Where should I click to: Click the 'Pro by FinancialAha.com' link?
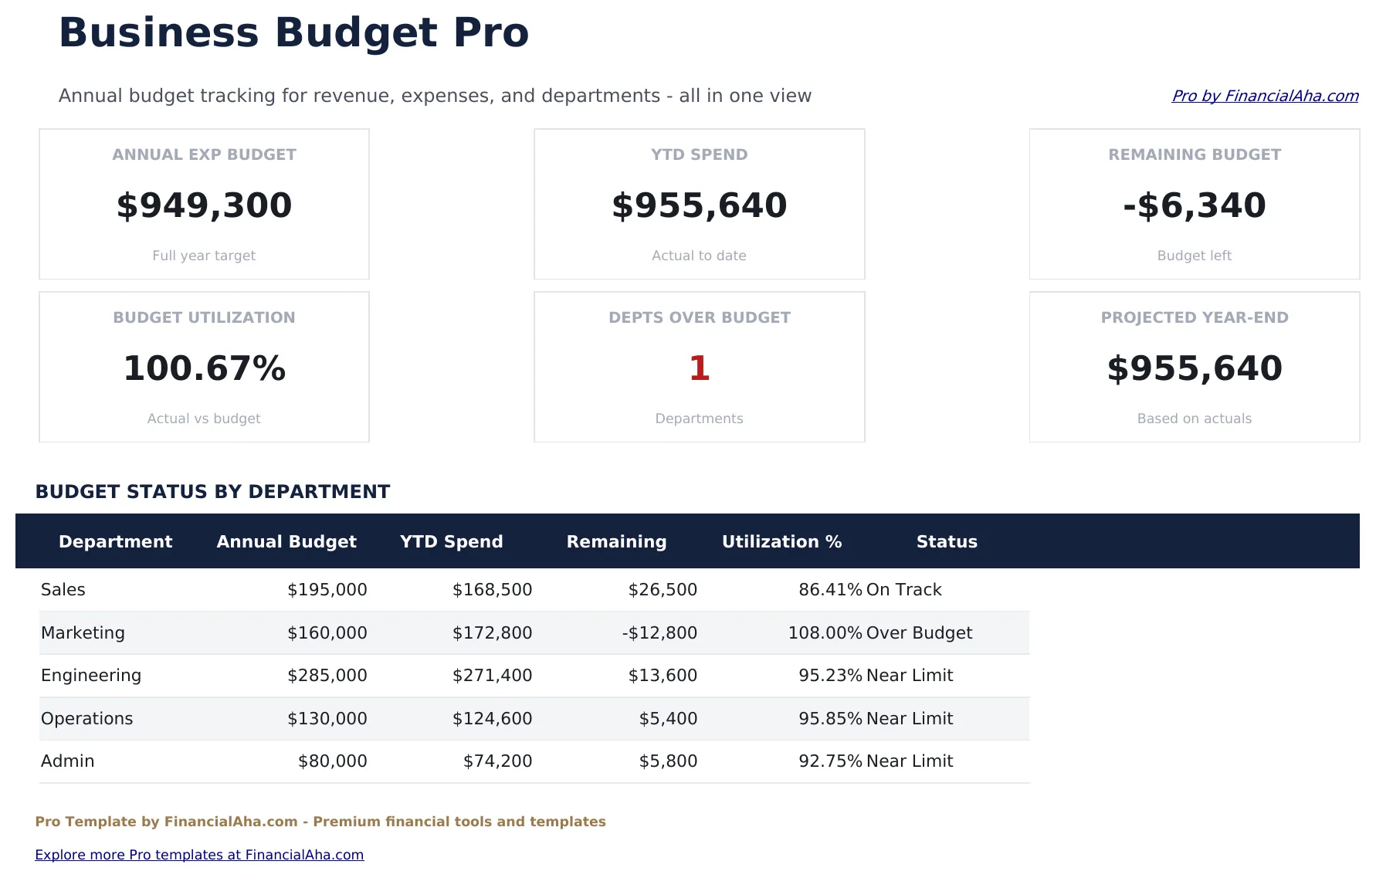tap(1265, 96)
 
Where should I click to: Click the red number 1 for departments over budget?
tap(699, 368)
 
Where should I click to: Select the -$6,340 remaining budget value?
tap(1194, 205)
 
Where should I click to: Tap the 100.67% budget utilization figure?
tap(205, 368)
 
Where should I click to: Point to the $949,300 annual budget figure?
tap(205, 205)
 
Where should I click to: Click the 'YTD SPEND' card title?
tap(699, 154)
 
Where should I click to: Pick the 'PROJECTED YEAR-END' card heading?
tap(1194, 317)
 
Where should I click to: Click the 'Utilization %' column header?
tap(781, 541)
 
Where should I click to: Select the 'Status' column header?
tap(947, 541)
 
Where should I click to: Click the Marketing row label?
tap(83, 632)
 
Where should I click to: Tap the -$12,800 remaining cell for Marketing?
tap(659, 632)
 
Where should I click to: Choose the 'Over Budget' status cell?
tap(919, 632)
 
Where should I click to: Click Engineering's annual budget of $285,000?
tap(327, 675)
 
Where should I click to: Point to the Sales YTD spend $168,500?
tap(492, 589)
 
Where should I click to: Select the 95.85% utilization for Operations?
tap(830, 718)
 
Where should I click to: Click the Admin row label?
tap(68, 761)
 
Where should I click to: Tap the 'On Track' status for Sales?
tap(903, 589)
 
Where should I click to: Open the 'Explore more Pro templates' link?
tap(199, 855)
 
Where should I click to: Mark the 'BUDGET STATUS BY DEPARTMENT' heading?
tap(213, 492)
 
